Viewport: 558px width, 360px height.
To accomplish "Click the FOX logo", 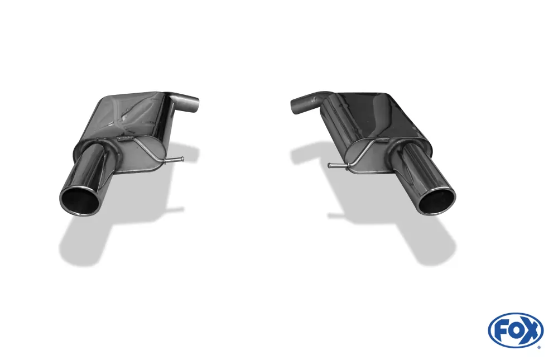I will click(515, 330).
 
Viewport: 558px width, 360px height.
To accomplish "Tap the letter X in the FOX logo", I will click(531, 330).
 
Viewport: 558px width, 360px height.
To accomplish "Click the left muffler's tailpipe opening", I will click(79, 200).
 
